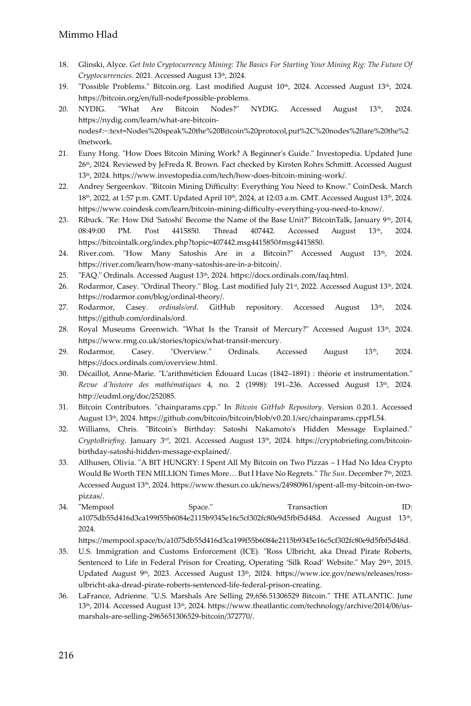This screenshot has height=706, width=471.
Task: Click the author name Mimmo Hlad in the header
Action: (88, 35)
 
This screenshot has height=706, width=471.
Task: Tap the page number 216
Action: (66, 655)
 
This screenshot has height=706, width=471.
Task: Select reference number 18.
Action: (63, 65)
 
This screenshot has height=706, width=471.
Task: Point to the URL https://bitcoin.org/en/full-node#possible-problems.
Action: (164, 98)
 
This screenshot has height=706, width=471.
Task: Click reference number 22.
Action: (63, 186)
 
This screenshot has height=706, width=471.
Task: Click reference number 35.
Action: (63, 551)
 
